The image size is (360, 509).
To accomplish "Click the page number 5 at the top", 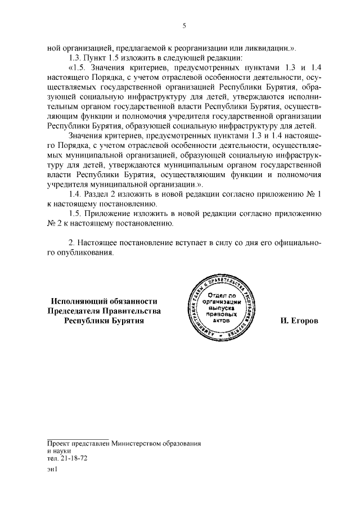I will pyautogui.click(x=183, y=25).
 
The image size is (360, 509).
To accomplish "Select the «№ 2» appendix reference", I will pyautogui.click(x=54, y=223).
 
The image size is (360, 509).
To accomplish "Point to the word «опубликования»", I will pyautogui.click(x=89, y=253).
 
